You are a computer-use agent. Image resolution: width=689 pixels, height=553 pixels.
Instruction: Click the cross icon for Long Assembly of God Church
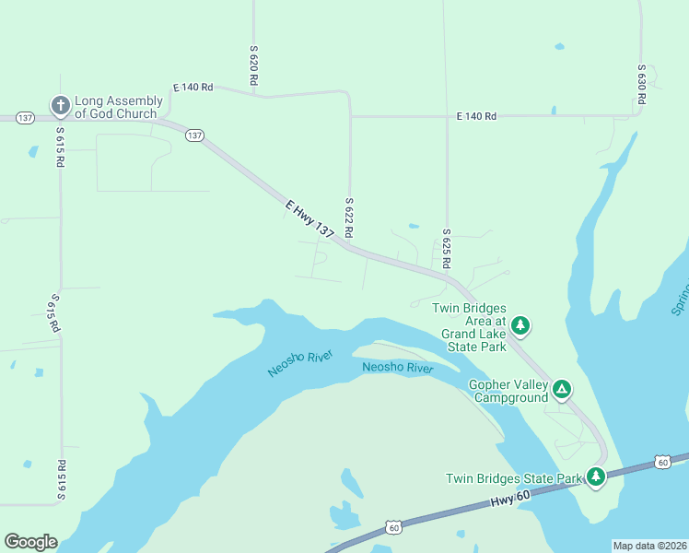61,106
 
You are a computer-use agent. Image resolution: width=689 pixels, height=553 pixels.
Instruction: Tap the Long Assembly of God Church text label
116,107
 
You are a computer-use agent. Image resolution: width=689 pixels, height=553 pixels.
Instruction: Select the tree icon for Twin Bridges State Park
597,477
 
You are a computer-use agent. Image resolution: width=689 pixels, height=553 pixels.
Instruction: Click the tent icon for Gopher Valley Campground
561,391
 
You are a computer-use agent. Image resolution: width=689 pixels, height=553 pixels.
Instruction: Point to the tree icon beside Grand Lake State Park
520,324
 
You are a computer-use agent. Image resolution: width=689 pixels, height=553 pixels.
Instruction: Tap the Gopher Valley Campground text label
508,391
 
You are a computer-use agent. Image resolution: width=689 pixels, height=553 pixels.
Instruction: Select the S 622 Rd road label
349,218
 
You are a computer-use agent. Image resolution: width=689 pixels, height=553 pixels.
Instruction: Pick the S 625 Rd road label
446,249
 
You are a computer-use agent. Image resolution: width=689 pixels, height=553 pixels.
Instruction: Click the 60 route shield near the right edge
662,462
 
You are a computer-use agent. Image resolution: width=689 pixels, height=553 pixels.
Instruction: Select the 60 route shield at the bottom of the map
394,528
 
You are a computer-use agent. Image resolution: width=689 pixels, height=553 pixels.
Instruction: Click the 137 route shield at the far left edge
25,118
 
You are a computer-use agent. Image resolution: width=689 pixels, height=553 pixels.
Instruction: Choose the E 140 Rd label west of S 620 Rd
193,88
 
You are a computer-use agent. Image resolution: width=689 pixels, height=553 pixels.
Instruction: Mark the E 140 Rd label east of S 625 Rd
476,116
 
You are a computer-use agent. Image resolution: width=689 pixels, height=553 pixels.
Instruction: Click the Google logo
30,542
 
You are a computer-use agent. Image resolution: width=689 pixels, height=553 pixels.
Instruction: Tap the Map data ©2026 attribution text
648,546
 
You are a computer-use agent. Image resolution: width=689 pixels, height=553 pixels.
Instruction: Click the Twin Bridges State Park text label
514,478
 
